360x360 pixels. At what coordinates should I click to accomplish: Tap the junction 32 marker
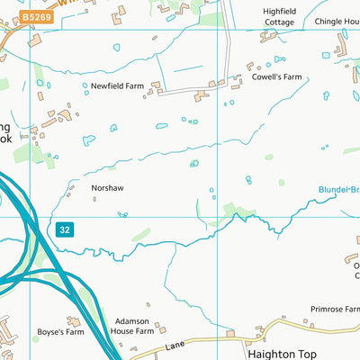click(x=63, y=229)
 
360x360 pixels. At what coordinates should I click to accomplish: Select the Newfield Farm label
click(x=117, y=86)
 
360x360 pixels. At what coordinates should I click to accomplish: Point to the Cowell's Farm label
click(x=277, y=77)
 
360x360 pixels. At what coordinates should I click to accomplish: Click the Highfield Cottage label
click(x=278, y=16)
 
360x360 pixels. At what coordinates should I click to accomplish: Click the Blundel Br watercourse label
click(x=338, y=190)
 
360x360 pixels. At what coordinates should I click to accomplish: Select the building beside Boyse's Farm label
click(x=73, y=320)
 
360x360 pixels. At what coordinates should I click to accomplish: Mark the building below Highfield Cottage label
click(x=269, y=37)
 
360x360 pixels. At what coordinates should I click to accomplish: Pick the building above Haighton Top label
click(x=230, y=334)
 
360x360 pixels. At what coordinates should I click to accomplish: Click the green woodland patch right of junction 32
click(x=140, y=235)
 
